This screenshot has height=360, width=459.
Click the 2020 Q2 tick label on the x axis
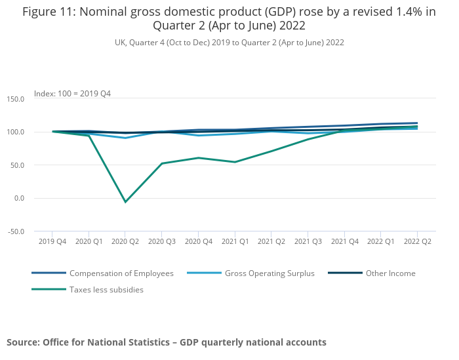(125, 241)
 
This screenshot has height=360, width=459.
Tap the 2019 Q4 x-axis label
(52, 241)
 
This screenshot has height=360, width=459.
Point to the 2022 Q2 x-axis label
(417, 241)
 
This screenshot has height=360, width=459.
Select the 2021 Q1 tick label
(235, 241)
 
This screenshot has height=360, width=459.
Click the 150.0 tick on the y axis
(15, 99)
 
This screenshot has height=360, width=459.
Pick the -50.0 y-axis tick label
(15, 231)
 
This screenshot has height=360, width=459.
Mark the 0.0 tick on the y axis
(18, 198)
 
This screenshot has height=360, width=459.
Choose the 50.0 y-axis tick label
(16, 165)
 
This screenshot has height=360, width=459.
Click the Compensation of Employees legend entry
(121, 273)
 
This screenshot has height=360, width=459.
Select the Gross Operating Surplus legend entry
(269, 273)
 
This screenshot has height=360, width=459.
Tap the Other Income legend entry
(391, 273)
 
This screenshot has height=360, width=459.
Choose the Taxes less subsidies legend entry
(106, 289)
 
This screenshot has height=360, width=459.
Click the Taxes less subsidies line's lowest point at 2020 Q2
(125, 202)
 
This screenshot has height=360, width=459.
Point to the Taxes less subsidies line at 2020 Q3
(162, 163)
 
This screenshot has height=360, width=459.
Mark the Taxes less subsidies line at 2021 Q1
(235, 162)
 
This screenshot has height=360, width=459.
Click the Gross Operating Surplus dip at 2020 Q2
(125, 138)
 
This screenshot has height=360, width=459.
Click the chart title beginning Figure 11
(229, 19)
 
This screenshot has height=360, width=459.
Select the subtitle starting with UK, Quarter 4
(229, 42)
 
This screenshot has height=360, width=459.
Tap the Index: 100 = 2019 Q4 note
(72, 94)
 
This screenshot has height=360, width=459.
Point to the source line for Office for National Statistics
(167, 342)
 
